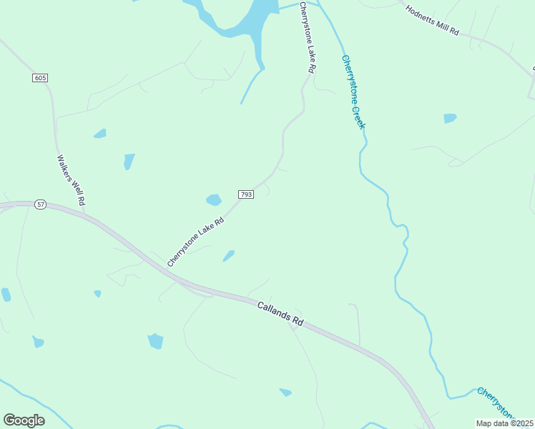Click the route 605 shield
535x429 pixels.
click(x=39, y=77)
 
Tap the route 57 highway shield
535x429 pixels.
click(x=41, y=204)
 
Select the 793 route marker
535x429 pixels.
click(x=245, y=194)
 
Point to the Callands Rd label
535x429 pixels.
click(x=280, y=313)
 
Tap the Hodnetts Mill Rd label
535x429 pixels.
click(x=431, y=21)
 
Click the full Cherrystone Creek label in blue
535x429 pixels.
click(x=353, y=92)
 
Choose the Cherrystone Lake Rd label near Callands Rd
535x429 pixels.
click(x=195, y=242)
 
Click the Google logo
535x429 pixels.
click(x=24, y=420)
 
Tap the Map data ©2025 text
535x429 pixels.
click(x=505, y=423)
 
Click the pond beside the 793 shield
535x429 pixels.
click(x=214, y=200)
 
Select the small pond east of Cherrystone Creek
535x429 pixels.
click(x=449, y=118)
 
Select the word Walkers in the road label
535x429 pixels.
click(x=65, y=169)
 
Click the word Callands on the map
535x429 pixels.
click(x=272, y=310)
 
